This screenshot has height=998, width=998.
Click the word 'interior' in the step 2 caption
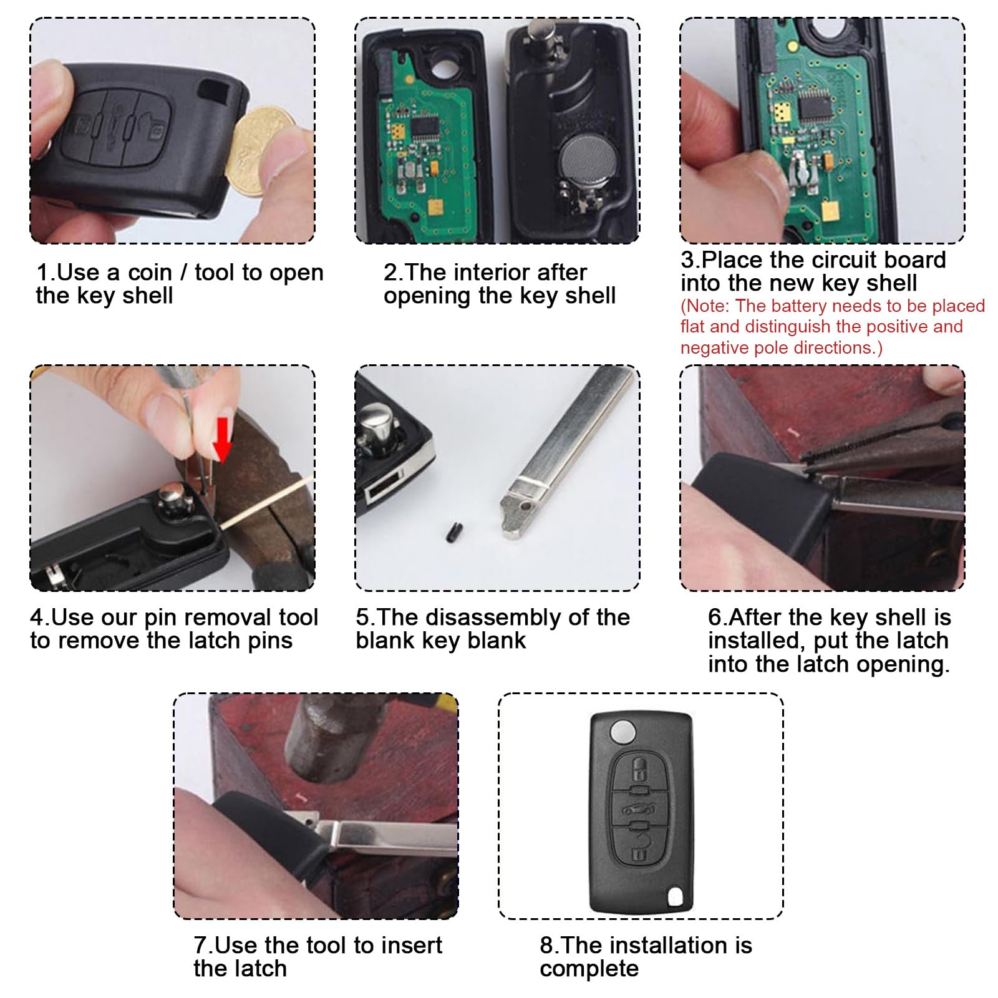click(501, 273)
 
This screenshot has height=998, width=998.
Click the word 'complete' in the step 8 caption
click(589, 969)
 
